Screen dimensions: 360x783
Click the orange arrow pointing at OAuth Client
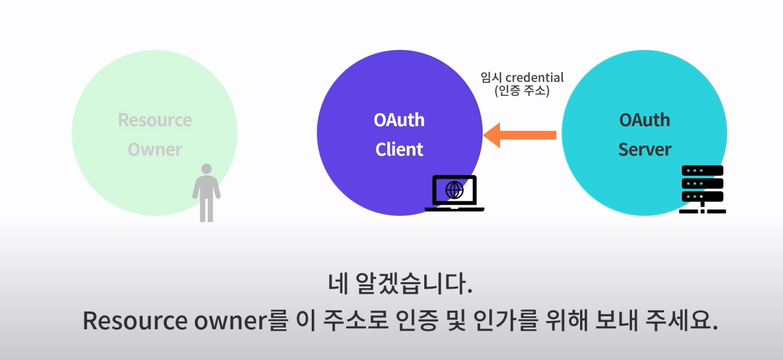click(x=519, y=135)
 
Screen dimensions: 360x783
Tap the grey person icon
click(x=206, y=193)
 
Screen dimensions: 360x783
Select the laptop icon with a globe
click(x=454, y=193)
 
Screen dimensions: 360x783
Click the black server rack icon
click(x=702, y=189)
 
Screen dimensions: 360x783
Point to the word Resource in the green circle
click(x=155, y=120)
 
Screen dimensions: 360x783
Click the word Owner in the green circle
click(x=155, y=149)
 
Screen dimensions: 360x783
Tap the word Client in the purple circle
click(x=399, y=149)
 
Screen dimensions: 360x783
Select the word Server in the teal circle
click(x=644, y=149)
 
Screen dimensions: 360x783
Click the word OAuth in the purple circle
click(x=399, y=120)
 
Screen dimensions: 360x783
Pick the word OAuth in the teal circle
click(x=644, y=120)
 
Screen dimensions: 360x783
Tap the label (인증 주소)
click(x=522, y=91)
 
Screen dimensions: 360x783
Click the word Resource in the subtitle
click(x=134, y=321)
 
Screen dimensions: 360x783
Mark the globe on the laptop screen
click(x=454, y=189)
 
